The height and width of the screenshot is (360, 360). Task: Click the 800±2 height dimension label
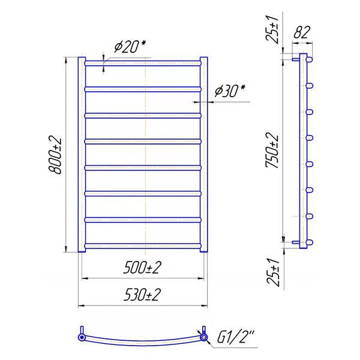(x=55, y=155)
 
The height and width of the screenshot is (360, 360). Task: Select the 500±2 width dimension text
(x=142, y=268)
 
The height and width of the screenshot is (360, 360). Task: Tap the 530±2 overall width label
(x=142, y=295)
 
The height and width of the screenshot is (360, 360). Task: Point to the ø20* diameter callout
(x=130, y=46)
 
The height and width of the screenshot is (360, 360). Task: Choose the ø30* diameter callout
(x=230, y=91)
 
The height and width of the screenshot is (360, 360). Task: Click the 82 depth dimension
(x=302, y=32)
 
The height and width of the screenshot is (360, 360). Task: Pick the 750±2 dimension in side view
(x=272, y=151)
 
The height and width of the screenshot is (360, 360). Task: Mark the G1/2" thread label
(x=236, y=337)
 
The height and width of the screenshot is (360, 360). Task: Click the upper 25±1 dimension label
(x=272, y=29)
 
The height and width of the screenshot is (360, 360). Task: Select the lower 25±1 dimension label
(x=273, y=272)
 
